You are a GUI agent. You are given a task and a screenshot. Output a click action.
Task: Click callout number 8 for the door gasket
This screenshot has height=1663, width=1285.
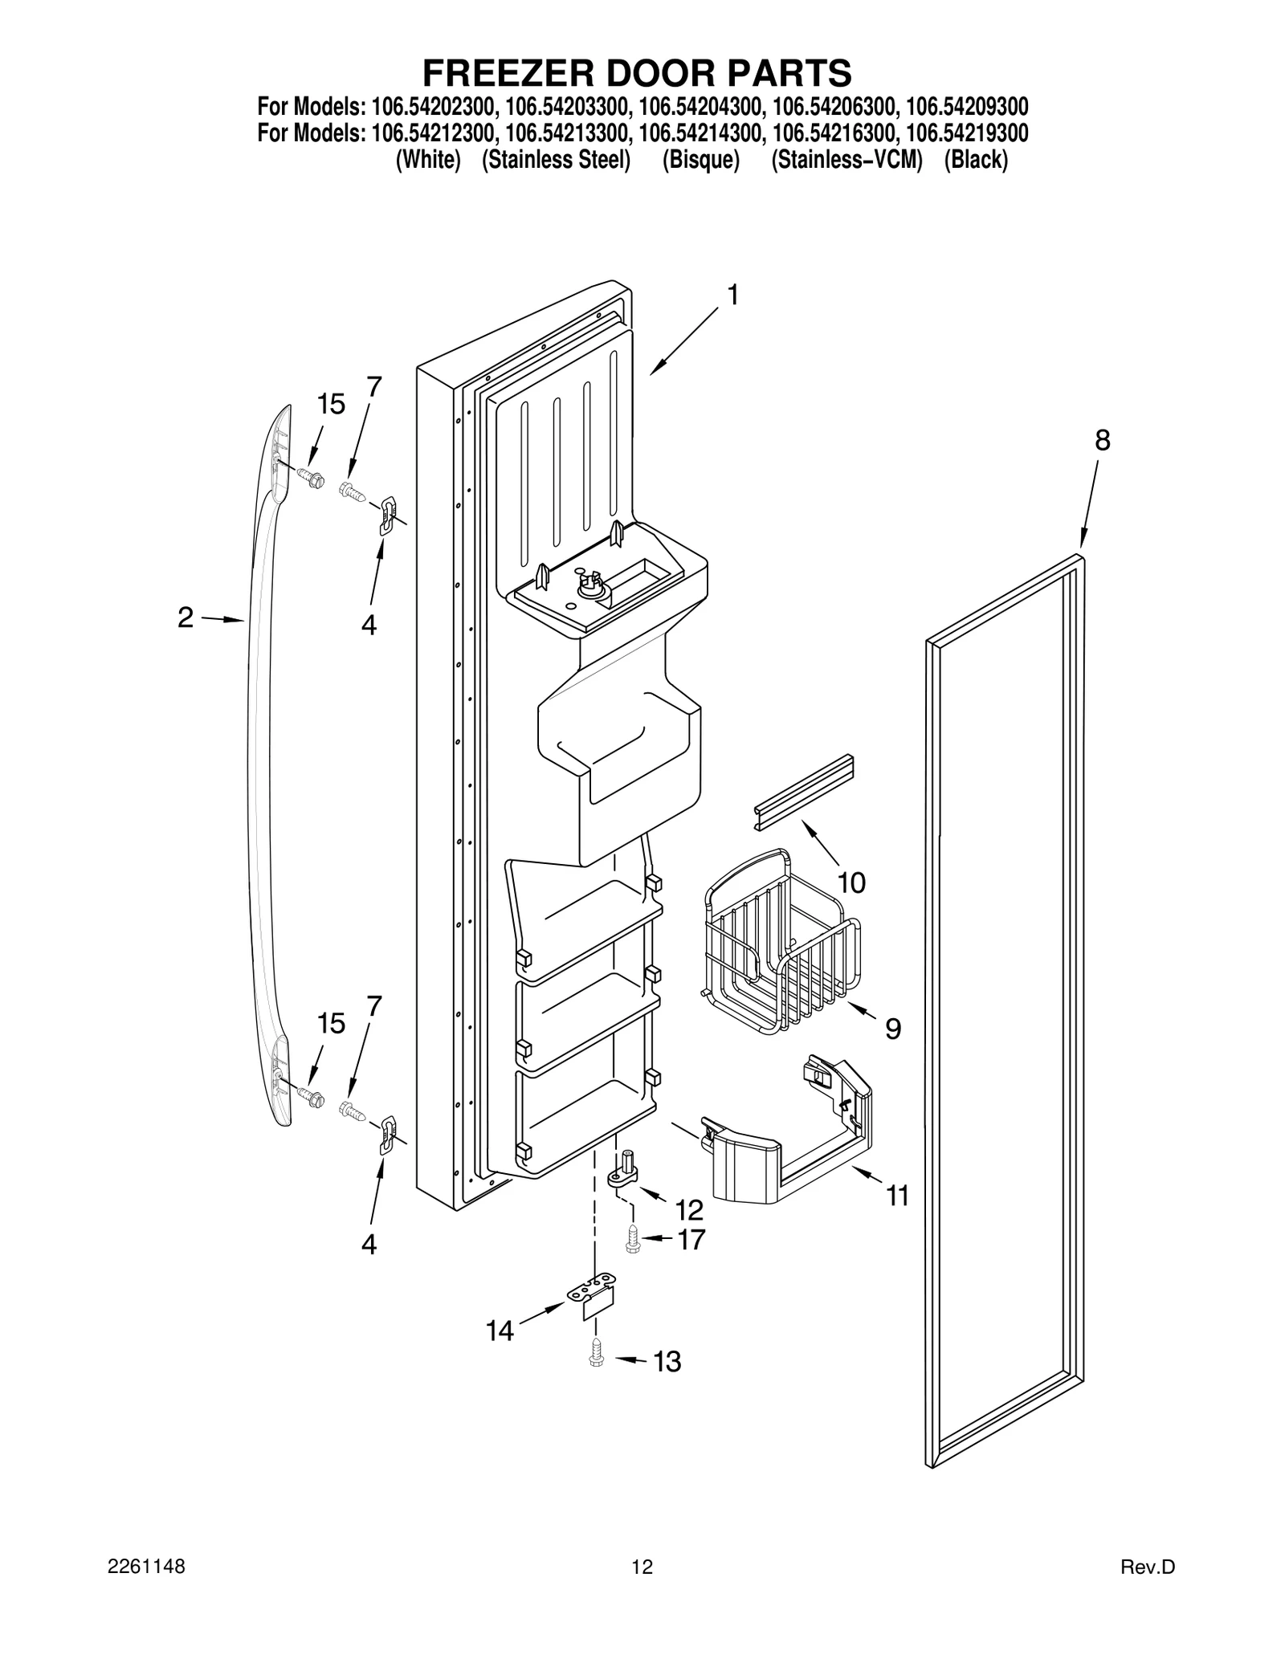tap(1102, 441)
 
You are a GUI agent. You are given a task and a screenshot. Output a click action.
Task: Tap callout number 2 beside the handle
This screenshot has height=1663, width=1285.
tap(186, 618)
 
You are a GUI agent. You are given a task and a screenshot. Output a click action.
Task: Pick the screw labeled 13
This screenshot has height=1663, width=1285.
tap(595, 1352)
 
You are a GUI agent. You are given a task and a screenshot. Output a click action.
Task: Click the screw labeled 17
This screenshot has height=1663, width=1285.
tap(633, 1240)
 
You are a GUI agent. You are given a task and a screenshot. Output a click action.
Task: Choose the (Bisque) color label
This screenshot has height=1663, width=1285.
tap(700, 160)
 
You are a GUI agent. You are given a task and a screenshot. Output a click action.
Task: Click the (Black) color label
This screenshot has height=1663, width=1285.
tap(975, 160)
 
